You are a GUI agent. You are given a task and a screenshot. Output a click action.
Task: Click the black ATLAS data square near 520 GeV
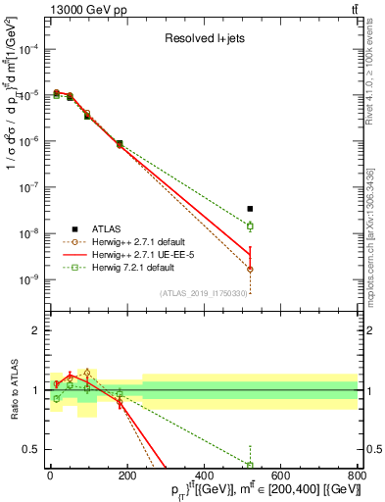click(250, 209)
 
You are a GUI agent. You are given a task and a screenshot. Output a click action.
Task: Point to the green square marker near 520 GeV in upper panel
click(250, 226)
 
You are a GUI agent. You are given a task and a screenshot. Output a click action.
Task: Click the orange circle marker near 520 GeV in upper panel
click(250, 269)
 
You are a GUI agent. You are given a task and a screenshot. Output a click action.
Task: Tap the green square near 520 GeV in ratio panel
click(250, 465)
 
